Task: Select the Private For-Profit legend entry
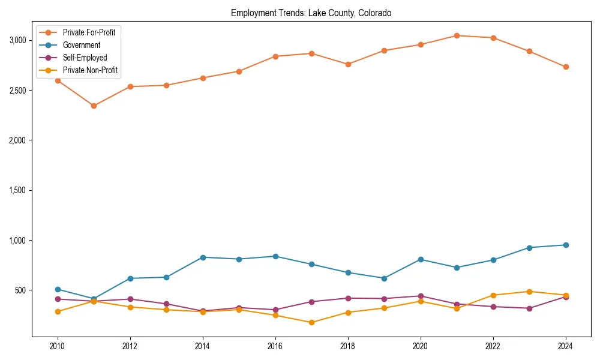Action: click(89, 32)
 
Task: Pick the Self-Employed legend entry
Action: click(85, 58)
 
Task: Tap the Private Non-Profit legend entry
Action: click(90, 70)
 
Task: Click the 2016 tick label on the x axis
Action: click(275, 346)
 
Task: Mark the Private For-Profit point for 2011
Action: click(94, 106)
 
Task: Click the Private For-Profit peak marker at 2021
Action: click(457, 35)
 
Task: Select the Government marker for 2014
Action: click(203, 257)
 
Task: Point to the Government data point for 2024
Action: click(566, 245)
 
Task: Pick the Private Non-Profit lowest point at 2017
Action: click(311, 323)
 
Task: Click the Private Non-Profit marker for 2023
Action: click(529, 292)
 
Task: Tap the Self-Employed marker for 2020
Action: click(421, 296)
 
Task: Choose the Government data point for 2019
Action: click(384, 278)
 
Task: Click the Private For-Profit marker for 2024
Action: click(566, 67)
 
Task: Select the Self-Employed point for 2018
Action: click(348, 298)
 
